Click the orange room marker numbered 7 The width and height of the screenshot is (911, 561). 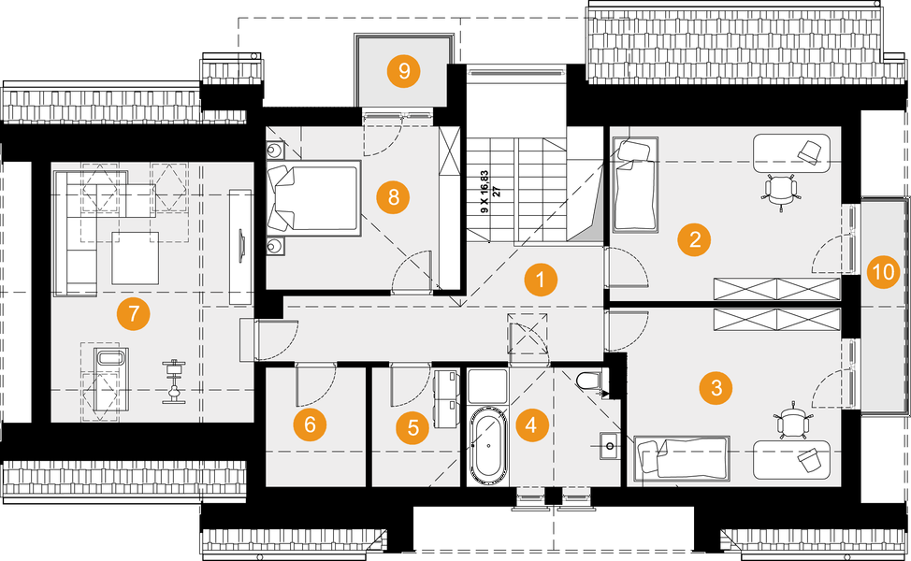tap(134, 314)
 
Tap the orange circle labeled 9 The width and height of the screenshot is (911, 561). tap(404, 71)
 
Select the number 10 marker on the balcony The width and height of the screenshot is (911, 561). tap(884, 271)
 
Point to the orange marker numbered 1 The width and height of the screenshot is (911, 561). tap(541, 280)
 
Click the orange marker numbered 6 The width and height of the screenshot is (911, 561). tap(310, 424)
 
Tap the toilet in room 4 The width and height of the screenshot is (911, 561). tap(589, 381)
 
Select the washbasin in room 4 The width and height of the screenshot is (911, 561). tap(609, 446)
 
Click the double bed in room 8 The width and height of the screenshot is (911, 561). tap(314, 198)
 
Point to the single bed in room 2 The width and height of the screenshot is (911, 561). tap(635, 185)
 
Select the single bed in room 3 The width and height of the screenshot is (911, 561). tap(682, 457)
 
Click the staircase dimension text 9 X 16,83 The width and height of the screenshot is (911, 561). tap(484, 192)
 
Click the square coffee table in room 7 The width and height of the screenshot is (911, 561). tap(136, 258)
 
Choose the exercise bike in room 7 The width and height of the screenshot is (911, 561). tap(173, 381)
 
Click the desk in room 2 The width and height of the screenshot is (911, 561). tap(791, 153)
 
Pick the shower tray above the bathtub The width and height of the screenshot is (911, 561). tap(488, 385)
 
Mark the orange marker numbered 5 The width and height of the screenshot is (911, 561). tap(413, 428)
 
